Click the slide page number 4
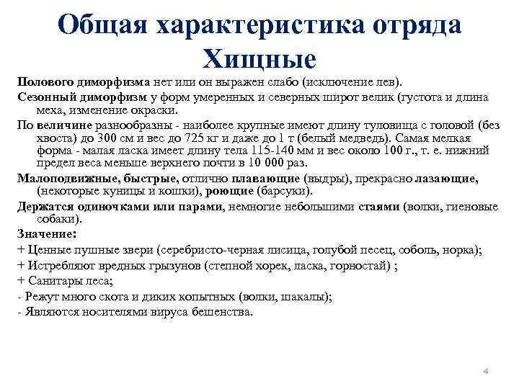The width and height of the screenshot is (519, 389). [x=486, y=371]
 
